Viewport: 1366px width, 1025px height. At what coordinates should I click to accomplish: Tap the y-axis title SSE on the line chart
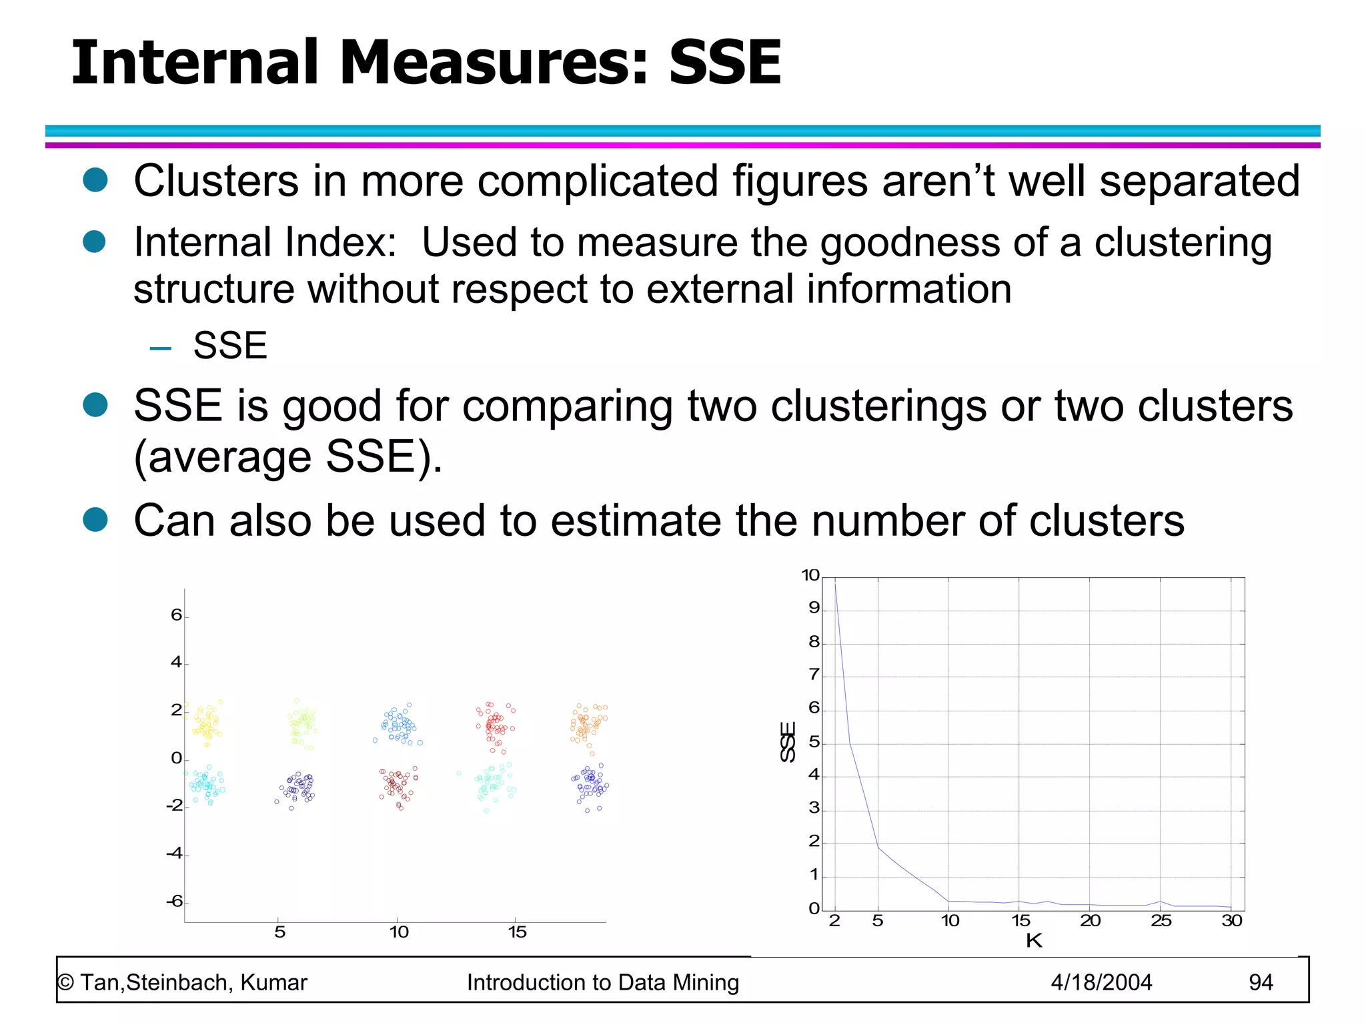point(788,741)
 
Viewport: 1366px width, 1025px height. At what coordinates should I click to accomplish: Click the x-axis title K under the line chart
point(1034,941)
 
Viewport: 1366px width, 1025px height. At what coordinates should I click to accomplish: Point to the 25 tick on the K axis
point(1161,921)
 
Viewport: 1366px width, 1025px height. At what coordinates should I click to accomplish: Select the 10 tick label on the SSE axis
point(810,575)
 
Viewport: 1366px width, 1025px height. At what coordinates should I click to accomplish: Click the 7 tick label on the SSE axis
point(814,675)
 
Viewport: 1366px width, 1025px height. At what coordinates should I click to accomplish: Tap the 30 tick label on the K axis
point(1232,921)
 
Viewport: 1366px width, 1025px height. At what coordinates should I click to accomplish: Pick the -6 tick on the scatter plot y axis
point(175,902)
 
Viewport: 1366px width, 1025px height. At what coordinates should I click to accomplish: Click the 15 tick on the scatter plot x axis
point(517,932)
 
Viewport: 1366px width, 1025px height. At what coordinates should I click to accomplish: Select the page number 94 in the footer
point(1261,982)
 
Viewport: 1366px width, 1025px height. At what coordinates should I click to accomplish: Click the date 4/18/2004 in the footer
point(1101,982)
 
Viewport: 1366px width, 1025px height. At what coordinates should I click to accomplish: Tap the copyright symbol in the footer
point(65,983)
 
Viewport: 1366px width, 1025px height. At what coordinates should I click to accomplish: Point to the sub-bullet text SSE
point(230,346)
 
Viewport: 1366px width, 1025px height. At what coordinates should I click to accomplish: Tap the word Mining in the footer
point(706,983)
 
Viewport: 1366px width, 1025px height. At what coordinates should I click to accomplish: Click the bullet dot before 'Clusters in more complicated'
point(95,180)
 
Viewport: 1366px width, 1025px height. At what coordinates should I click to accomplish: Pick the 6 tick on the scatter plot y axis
point(176,615)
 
